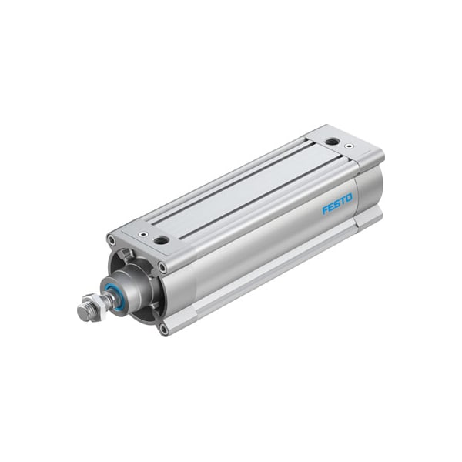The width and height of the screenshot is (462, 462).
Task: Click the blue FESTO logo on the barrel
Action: tap(337, 204)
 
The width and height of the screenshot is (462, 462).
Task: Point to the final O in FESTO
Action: tap(349, 199)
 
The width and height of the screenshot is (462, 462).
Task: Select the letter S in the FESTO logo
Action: tap(336, 204)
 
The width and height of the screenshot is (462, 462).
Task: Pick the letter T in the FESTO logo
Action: tap(343, 202)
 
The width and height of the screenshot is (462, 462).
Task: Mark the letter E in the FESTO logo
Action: tap(331, 207)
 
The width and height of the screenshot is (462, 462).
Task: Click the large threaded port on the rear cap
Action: tap(331, 142)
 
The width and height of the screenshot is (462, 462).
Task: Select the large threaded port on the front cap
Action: tap(161, 240)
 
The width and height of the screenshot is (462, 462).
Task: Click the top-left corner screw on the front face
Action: tap(112, 241)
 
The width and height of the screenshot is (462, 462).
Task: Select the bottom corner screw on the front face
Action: tap(164, 330)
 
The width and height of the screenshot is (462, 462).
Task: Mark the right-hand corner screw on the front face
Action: tap(162, 268)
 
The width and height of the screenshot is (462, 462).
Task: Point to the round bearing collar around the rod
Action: tap(131, 290)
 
